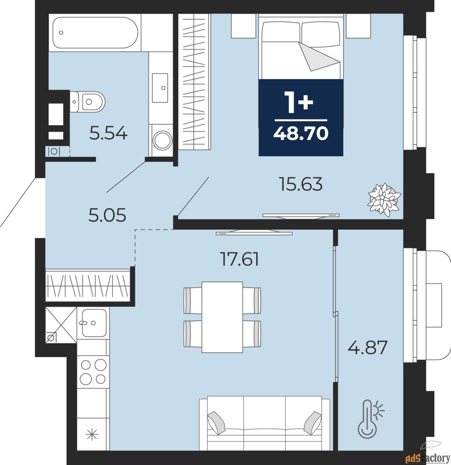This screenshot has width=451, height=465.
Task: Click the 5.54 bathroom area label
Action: (109, 133)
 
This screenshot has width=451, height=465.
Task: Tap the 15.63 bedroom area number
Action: (301, 184)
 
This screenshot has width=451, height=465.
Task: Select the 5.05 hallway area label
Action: (107, 215)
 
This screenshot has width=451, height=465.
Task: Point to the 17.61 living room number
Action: (240, 259)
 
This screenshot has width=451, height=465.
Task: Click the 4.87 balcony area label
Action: (367, 348)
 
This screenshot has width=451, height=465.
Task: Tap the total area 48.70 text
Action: (301, 133)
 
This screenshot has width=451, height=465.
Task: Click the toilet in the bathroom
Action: (88, 102)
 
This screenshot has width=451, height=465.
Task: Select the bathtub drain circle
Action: (61, 33)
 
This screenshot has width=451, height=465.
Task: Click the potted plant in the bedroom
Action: (384, 200)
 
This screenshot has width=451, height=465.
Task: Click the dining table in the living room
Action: (222, 317)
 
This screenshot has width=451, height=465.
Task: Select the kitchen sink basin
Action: (94, 323)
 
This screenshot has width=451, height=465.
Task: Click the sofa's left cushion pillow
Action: (216, 423)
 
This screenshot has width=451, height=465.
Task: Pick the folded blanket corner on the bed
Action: (318, 57)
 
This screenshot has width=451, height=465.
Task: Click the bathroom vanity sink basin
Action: (160, 88)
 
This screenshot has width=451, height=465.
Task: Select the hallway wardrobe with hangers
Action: (88, 286)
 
